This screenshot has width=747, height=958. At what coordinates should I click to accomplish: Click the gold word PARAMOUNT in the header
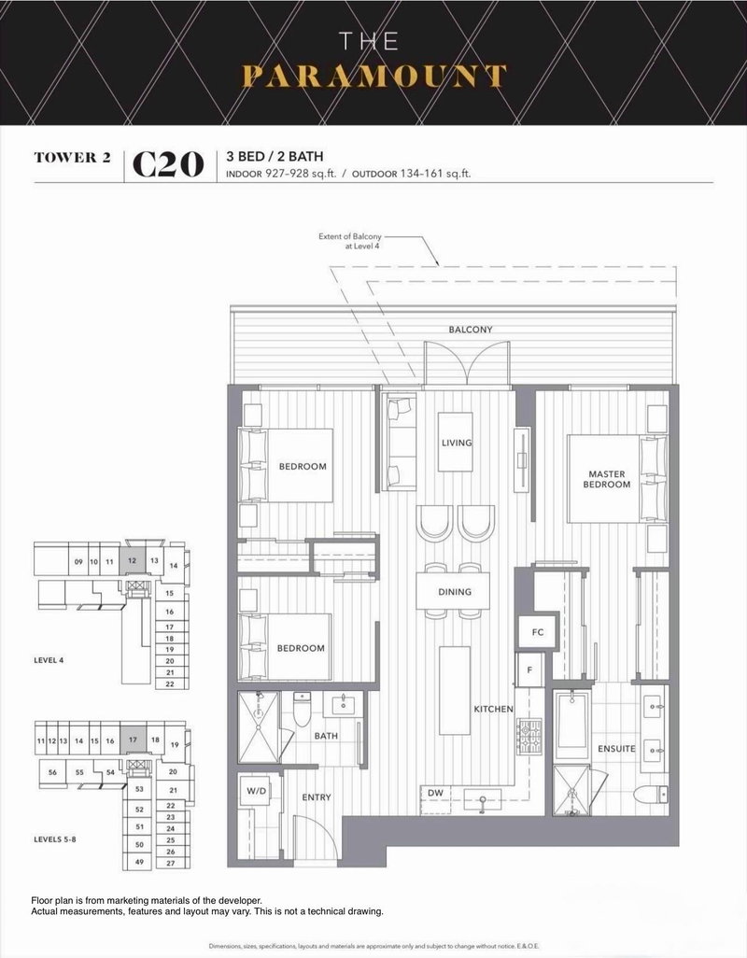pos(373,76)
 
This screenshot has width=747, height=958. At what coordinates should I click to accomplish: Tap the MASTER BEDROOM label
pos(606,479)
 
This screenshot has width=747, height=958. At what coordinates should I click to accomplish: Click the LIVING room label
pos(457,443)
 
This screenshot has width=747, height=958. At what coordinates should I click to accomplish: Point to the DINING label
pos(457,591)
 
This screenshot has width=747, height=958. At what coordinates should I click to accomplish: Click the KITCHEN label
pos(493,710)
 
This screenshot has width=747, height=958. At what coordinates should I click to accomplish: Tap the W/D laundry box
pos(256,793)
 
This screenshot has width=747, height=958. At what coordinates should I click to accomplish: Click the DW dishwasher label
pos(435,794)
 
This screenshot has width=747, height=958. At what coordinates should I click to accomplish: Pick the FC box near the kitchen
pos(537,631)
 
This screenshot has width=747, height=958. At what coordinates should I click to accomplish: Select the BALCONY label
pos(470,330)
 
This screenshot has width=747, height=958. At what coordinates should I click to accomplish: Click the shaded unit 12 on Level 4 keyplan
pos(134,561)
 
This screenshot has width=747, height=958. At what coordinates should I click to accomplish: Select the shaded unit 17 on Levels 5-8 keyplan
pos(134,740)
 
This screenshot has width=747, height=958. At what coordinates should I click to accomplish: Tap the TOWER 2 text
pos(73,157)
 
